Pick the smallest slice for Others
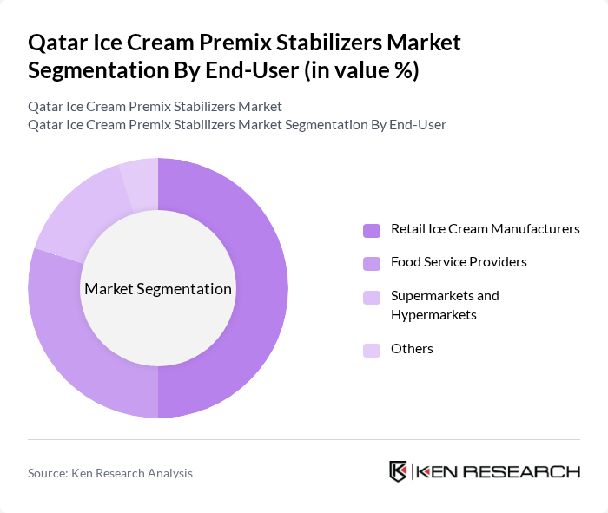pyautogui.click(x=140, y=178)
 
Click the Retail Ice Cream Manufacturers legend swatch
pyautogui.click(x=372, y=230)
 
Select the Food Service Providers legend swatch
pyautogui.click(x=372, y=262)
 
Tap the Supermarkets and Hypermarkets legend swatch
pyautogui.click(x=372, y=297)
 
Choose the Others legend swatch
pyautogui.click(x=372, y=350)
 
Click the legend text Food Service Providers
pyautogui.click(x=459, y=261)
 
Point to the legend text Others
pyautogui.click(x=412, y=349)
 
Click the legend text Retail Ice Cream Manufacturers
pyautogui.click(x=485, y=229)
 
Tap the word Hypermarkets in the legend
pyautogui.click(x=433, y=314)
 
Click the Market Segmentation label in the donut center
pyautogui.click(x=158, y=289)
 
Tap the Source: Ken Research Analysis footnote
pyautogui.click(x=110, y=473)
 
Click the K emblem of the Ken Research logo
pyautogui.click(x=399, y=472)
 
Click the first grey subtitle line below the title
pyautogui.click(x=155, y=107)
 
